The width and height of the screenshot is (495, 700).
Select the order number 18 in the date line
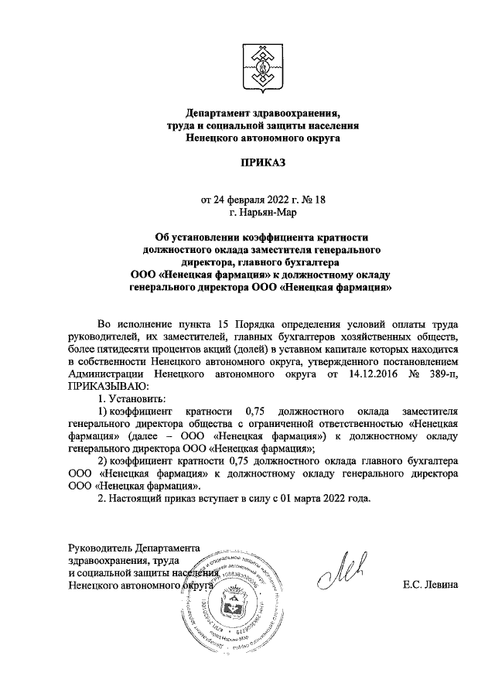click(299, 199)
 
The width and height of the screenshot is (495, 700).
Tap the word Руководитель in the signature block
click(101, 548)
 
